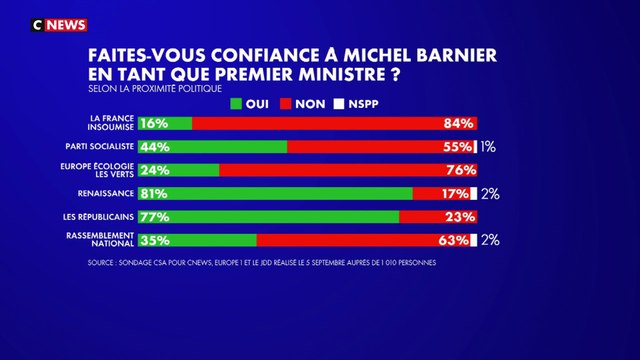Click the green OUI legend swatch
pyautogui.click(x=236, y=103)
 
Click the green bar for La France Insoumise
pyautogui.click(x=166, y=124)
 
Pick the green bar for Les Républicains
pyautogui.click(x=269, y=216)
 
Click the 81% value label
pyautogui.click(x=154, y=193)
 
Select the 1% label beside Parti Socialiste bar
pyautogui.click(x=489, y=147)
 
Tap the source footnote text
pyautogui.click(x=262, y=263)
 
